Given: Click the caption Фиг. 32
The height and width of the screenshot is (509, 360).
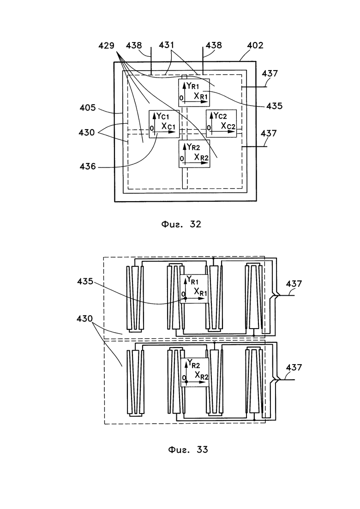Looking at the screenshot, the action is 181,224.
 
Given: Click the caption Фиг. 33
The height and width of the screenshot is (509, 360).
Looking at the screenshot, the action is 188,449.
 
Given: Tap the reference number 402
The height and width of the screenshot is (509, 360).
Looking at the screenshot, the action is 255,45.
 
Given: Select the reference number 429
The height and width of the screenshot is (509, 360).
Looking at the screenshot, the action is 107,45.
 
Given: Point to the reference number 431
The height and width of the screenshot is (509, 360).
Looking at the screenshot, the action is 167,45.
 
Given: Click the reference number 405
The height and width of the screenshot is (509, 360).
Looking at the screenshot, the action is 88,108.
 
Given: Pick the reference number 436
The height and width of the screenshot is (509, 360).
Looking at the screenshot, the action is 88,167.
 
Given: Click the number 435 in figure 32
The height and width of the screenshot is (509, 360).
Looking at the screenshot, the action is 274,106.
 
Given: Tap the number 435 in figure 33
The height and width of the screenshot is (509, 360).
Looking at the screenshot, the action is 85,281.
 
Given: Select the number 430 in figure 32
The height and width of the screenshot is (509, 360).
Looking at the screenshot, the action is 86,132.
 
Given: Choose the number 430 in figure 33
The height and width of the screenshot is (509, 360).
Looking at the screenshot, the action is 85,319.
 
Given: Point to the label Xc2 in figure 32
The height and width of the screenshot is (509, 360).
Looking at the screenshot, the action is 228,126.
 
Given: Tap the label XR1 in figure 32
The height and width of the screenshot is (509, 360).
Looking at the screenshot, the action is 201,96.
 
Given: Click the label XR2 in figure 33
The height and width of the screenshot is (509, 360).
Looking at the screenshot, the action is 202,375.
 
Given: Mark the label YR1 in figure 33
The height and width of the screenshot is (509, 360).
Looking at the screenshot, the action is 192,280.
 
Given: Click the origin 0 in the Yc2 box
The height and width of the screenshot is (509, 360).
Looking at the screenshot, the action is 209,128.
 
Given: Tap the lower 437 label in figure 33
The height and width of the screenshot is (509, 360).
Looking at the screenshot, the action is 294,367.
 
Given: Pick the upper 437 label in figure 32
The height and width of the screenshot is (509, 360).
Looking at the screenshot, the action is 270,74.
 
